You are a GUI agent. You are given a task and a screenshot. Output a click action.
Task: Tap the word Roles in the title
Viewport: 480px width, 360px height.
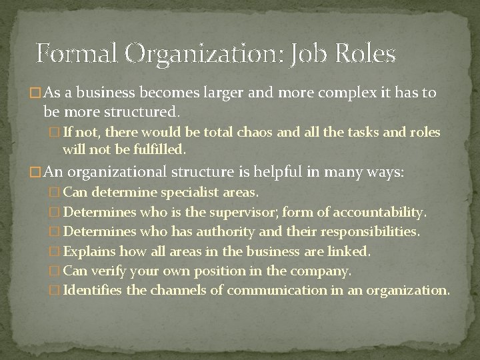coord(365,53)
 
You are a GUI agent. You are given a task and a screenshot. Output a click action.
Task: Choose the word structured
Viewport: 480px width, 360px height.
coord(139,109)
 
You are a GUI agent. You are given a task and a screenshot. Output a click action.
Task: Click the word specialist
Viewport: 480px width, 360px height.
coord(195,193)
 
